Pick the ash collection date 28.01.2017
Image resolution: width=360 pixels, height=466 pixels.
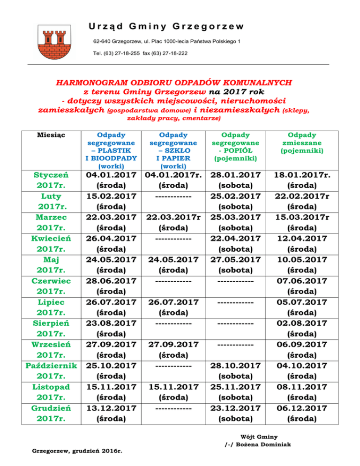(x=236, y=174)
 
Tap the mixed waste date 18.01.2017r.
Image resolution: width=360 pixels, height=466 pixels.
(x=302, y=174)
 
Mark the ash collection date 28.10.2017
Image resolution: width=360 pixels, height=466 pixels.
(x=236, y=365)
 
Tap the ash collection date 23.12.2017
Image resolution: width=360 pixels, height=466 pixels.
(x=236, y=408)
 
